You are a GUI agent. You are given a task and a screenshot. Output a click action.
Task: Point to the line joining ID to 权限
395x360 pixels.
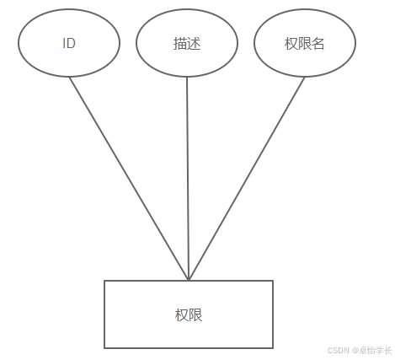pos(129,179)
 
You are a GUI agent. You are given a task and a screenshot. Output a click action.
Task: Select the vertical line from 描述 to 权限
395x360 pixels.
pos(188,179)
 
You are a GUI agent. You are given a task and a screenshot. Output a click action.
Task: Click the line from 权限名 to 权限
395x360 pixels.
pos(247,179)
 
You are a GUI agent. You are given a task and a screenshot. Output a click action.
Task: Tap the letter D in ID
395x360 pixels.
pos(71,43)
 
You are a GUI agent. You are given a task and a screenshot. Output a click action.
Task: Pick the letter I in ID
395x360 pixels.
pos(64,43)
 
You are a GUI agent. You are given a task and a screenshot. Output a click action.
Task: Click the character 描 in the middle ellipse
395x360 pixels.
pos(180,44)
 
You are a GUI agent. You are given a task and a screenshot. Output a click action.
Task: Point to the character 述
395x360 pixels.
pos(194,44)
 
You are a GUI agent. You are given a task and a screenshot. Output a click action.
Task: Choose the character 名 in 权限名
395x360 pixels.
pos(318,44)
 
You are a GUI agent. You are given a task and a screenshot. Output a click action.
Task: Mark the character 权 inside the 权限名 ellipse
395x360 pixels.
pos(291,44)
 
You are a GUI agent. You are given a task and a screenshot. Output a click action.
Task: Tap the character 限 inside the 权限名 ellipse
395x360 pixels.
pos(305,44)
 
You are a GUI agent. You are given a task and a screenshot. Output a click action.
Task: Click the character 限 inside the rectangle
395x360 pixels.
pos(195,315)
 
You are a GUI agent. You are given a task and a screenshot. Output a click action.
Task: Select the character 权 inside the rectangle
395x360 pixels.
pos(182,315)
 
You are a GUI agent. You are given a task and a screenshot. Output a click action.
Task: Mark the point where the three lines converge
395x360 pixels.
pos(189,280)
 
